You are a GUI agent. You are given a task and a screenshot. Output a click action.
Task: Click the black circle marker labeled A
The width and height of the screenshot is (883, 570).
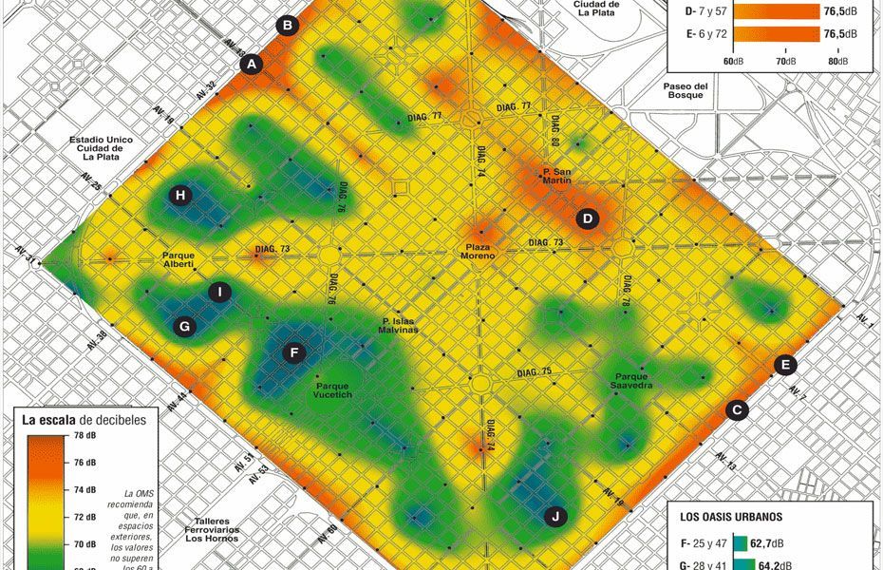pos(252,65)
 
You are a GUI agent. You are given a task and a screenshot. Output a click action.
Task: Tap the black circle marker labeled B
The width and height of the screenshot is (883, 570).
pos(289,26)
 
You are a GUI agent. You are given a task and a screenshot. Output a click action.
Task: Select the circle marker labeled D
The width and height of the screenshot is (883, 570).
pos(588,219)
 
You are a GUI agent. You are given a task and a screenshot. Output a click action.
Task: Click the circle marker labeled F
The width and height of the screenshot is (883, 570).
pos(294,353)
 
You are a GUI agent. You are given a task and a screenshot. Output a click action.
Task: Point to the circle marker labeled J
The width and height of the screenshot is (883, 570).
pos(556,517)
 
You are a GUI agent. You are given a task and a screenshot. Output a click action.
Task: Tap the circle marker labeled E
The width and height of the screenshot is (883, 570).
pos(784,365)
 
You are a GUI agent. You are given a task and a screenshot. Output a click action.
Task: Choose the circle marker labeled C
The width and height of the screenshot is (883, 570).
pos(736,410)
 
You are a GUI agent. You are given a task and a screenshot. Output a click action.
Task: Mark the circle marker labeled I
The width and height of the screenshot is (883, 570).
pos(220,292)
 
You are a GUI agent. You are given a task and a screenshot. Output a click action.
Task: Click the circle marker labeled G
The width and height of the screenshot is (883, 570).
pos(185,327)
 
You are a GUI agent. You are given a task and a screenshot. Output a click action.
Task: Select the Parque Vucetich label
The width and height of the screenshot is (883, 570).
pos(332,389)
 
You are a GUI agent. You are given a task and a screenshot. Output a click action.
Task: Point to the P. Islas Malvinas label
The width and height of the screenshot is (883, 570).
pos(406,325)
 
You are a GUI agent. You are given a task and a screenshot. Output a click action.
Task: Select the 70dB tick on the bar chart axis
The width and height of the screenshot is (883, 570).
pos(785,61)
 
